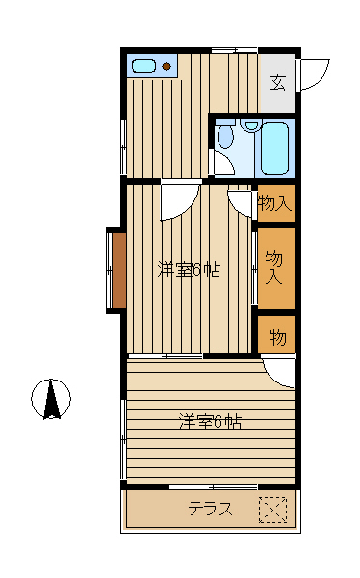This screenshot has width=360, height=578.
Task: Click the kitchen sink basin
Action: (143, 66)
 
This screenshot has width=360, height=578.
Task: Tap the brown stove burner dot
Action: (167, 66)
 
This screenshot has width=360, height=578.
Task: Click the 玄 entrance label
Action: (277, 83)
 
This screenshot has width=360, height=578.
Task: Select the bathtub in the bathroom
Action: (274, 148)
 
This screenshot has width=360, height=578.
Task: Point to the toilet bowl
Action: (225, 135)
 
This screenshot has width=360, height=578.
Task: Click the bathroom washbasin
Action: (251, 125)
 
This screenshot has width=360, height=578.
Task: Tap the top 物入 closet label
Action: (275, 203)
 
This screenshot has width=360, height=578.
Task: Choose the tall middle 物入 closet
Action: (276, 269)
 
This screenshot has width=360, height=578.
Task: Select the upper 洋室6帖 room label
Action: (189, 270)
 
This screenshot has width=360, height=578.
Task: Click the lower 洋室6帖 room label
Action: (211, 422)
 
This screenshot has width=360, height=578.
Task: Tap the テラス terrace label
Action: (211, 509)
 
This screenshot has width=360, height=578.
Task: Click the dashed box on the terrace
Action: (272, 510)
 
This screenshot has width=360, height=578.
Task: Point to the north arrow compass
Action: (51, 399)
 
